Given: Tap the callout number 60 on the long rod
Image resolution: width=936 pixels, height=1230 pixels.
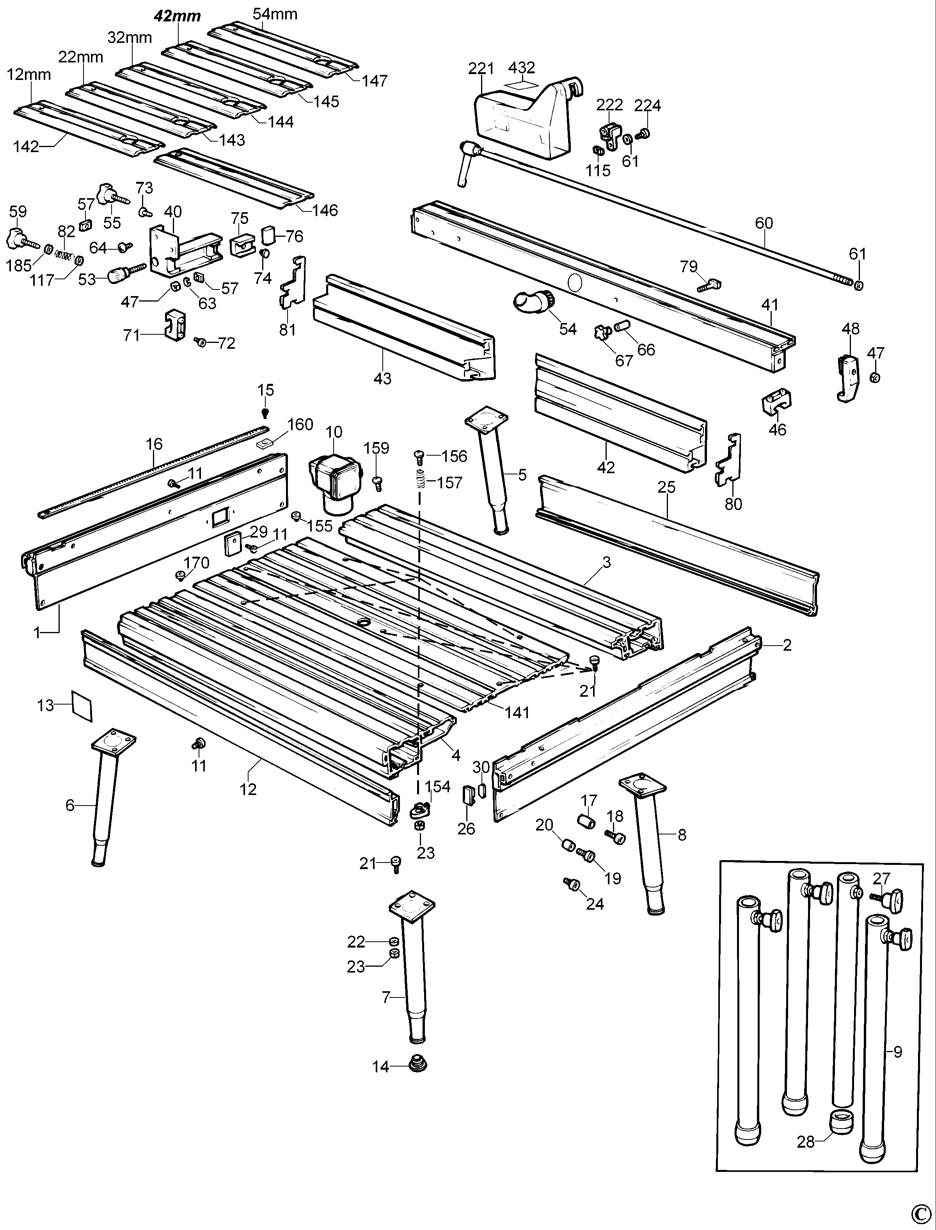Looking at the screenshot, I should pos(764,223).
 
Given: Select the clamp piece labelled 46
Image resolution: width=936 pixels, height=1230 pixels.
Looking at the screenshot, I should pos(777,402).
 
